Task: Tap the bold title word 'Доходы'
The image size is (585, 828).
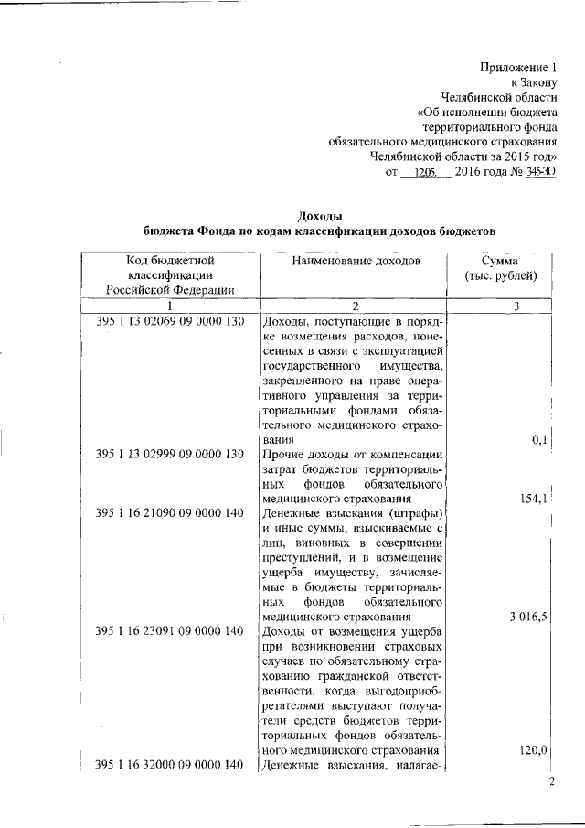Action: click(320, 214)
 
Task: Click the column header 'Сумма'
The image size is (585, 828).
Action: click(500, 261)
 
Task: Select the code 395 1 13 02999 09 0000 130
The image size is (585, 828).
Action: click(171, 454)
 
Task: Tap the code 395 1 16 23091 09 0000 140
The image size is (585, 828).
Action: click(171, 630)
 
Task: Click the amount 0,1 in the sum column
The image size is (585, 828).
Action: click(538, 440)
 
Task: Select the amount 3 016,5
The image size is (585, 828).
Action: click(528, 617)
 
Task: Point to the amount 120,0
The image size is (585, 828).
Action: click(532, 750)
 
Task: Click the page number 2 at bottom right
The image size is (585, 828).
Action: click(551, 782)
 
